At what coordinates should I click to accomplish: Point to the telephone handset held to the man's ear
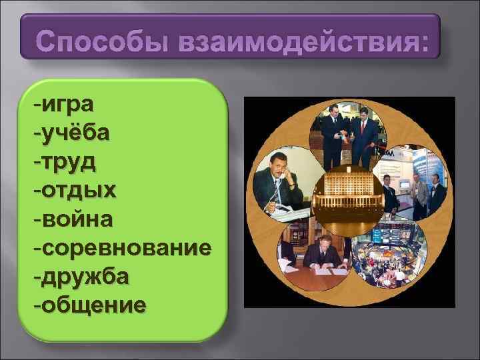tap(289, 175)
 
